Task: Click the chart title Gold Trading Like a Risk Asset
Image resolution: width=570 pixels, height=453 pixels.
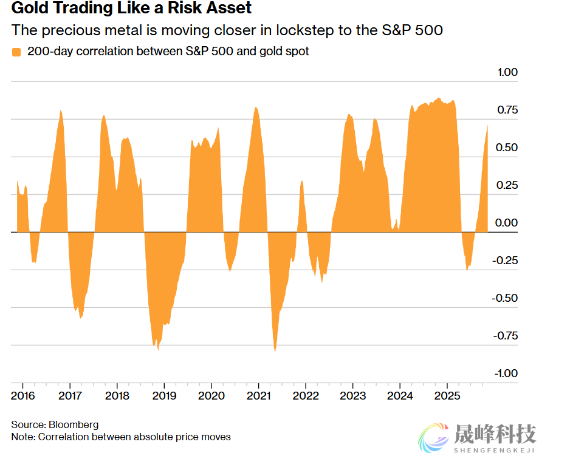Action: (131, 9)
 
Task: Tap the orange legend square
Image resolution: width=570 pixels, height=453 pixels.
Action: (16, 52)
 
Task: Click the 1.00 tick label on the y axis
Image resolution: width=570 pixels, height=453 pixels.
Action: (507, 72)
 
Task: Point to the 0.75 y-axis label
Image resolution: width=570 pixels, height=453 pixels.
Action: (507, 110)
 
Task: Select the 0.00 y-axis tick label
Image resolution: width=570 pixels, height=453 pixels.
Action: (507, 223)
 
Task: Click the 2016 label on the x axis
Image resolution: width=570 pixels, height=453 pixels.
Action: (22, 395)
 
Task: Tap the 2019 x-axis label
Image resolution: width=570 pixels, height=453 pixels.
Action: (163, 395)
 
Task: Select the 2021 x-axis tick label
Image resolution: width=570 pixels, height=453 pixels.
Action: (258, 395)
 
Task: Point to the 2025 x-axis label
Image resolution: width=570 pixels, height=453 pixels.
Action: (447, 395)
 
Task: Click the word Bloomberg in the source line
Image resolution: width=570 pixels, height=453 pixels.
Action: (73, 424)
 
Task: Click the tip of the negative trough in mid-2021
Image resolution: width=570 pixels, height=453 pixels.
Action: (275, 350)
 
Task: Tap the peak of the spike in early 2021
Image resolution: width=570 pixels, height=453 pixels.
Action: (256, 108)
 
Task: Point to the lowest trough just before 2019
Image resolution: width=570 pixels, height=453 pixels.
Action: (158, 349)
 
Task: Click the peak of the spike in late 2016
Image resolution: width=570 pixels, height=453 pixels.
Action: (61, 111)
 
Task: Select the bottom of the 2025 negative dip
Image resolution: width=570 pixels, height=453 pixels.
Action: (467, 269)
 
